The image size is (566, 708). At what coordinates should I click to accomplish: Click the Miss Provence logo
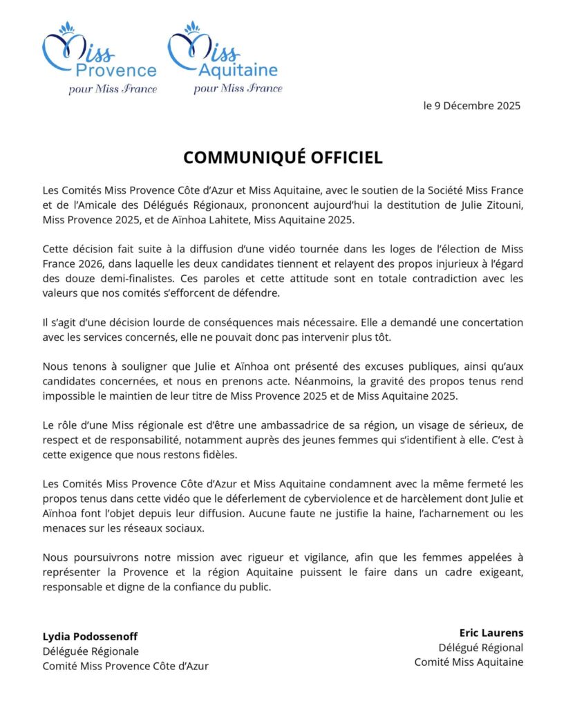[100, 59]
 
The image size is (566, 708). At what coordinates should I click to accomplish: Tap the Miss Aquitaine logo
[225, 59]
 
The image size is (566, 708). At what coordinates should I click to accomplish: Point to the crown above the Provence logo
[66, 28]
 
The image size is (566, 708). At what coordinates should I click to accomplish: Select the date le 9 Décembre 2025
[471, 106]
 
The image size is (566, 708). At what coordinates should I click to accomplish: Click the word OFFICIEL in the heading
[344, 158]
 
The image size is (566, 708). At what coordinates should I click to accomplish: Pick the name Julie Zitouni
[490, 205]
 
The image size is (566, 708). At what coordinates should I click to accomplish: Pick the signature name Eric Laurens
[491, 633]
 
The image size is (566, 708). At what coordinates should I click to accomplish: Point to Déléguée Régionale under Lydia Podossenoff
[91, 651]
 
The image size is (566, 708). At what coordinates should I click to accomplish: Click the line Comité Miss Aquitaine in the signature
[469, 662]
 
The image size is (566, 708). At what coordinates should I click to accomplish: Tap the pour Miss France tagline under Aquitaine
[238, 88]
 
